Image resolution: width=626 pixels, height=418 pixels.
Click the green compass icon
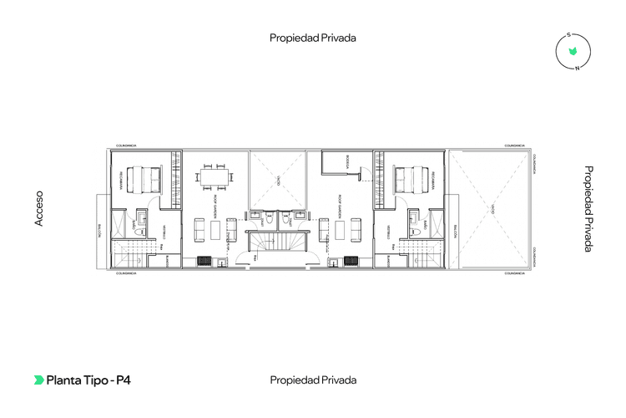(573, 52)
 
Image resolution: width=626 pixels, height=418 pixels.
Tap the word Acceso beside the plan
(38, 208)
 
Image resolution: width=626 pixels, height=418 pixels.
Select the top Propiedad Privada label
(313, 38)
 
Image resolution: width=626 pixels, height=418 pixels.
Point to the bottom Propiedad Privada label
(313, 380)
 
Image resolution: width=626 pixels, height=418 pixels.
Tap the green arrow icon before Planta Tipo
(38, 380)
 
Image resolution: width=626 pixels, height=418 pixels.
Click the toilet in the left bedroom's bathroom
(141, 219)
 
